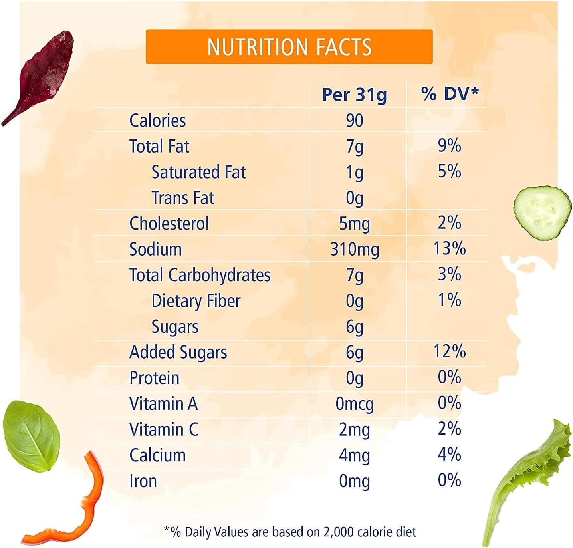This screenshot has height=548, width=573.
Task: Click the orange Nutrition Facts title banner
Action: (x=289, y=46)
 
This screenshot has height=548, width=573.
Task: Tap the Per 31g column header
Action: (x=354, y=95)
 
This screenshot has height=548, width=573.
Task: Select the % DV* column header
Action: (x=449, y=94)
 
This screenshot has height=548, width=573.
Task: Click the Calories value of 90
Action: (x=355, y=120)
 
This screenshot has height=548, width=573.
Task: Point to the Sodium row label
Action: (x=155, y=249)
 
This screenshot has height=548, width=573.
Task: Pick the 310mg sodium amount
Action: (x=355, y=249)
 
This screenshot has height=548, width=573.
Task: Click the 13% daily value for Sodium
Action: (x=449, y=248)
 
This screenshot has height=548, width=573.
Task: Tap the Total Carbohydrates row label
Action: (x=200, y=275)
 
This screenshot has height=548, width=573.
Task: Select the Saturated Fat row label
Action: (x=198, y=172)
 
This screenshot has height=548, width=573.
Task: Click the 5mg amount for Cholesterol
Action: (x=355, y=224)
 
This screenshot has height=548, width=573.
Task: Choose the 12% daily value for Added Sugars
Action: (x=449, y=351)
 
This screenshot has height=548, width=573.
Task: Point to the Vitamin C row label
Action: (x=164, y=430)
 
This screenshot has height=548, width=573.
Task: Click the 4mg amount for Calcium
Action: (x=355, y=455)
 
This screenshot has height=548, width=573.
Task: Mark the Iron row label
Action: (x=143, y=481)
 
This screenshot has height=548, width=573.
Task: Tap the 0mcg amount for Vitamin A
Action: (x=355, y=404)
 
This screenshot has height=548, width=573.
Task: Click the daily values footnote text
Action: (x=290, y=532)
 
